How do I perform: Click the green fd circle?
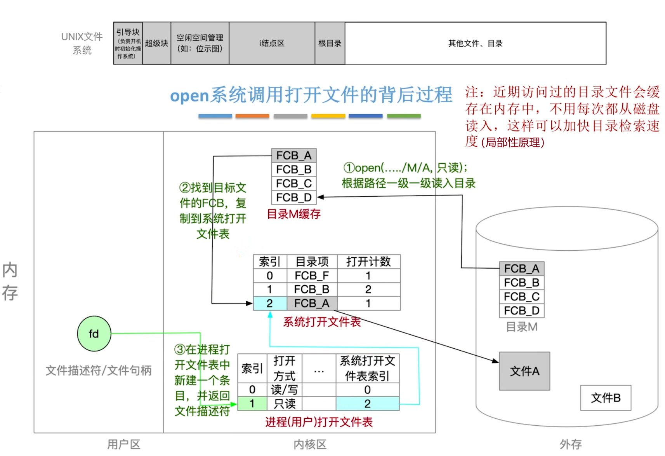click(x=94, y=334)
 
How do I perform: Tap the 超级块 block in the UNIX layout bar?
click(x=156, y=43)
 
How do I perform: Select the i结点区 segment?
click(x=272, y=43)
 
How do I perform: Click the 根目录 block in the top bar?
click(x=330, y=43)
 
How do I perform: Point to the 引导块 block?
click(x=128, y=43)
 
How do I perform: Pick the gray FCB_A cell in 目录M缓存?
click(x=294, y=155)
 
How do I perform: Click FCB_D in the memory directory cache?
click(x=294, y=197)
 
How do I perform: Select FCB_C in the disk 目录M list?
click(x=521, y=297)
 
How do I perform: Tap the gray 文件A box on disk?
click(x=524, y=371)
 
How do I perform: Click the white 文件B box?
click(x=605, y=398)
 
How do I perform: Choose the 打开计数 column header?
click(x=368, y=262)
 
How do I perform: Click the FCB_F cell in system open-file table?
click(x=312, y=276)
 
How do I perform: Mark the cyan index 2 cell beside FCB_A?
click(x=269, y=303)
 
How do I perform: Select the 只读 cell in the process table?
click(x=285, y=404)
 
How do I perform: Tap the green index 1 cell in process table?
click(x=252, y=404)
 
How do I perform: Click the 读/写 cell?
click(x=285, y=390)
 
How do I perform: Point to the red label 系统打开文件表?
click(x=322, y=322)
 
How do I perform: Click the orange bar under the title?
click(x=252, y=116)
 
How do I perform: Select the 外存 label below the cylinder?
click(x=570, y=444)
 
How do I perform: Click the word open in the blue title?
click(x=189, y=96)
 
